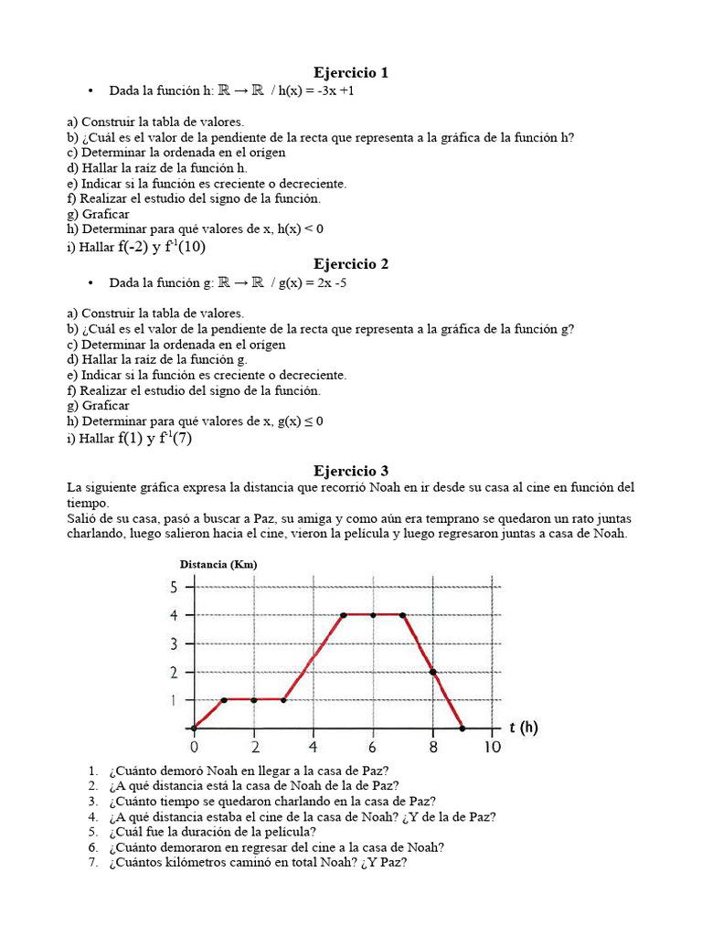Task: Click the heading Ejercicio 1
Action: [352, 72]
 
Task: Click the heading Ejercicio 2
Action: [352, 264]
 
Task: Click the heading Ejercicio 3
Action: [352, 470]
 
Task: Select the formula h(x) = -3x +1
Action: [324, 91]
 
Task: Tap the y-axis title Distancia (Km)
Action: [218, 564]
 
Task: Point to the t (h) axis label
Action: [523, 728]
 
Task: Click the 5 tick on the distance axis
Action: [174, 587]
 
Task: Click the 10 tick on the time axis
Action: [492, 748]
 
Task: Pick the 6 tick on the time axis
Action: [373, 748]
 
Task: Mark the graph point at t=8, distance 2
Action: [432, 672]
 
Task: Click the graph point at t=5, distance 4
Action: [343, 615]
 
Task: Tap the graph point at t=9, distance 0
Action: [463, 729]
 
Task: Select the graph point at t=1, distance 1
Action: [224, 700]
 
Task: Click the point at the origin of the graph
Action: [194, 729]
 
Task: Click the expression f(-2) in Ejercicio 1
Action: [132, 246]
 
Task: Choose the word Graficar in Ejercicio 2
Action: [105, 405]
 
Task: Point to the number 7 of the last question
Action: [93, 861]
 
